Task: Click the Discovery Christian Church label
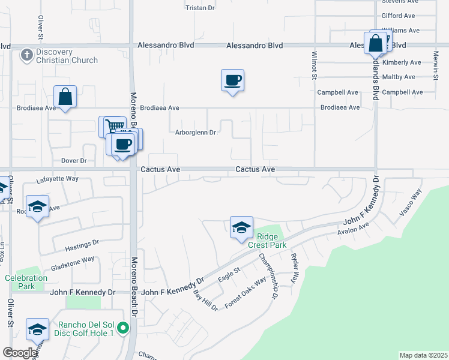click(67, 56)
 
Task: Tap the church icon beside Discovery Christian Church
click(26, 56)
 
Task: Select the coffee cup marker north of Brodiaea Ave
click(232, 80)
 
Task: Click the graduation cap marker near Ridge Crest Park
click(241, 227)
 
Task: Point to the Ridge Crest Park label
click(268, 241)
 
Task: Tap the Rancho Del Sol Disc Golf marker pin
click(123, 328)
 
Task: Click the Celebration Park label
click(26, 282)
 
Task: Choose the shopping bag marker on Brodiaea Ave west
click(65, 97)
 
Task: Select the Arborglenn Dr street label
click(196, 133)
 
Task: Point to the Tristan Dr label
click(200, 8)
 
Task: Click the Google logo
click(20, 353)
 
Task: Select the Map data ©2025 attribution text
click(423, 355)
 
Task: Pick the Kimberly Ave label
click(402, 62)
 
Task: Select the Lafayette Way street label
click(58, 178)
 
